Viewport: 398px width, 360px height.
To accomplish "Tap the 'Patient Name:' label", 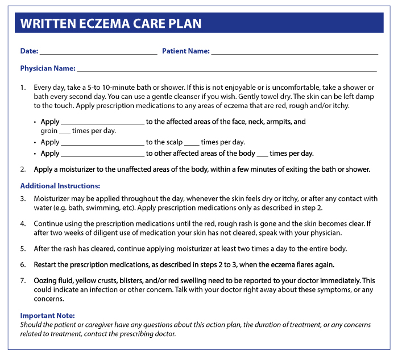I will click(185, 51).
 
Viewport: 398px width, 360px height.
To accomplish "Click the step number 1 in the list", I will click(23, 88).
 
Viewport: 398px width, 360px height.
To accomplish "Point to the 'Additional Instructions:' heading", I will click(60, 186).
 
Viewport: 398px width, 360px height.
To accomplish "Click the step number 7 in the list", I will click(23, 281).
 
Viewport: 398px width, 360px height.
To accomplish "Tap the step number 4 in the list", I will click(23, 223).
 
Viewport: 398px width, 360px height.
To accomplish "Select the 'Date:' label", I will click(29, 51).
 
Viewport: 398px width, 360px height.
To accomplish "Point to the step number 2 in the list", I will click(23, 169).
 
